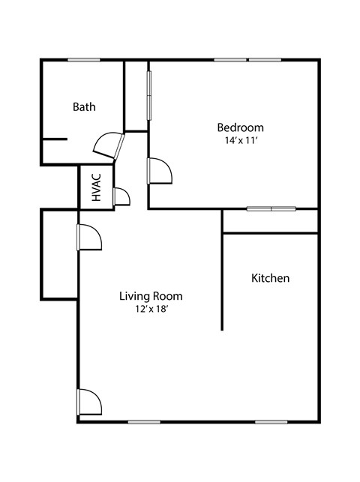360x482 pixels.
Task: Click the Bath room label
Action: click(x=84, y=107)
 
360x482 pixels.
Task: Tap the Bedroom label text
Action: click(x=240, y=127)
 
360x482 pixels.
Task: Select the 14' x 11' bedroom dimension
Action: click(x=240, y=140)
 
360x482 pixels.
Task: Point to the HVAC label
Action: click(x=96, y=188)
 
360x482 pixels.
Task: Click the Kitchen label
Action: click(x=270, y=278)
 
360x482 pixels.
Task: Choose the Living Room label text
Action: click(x=151, y=296)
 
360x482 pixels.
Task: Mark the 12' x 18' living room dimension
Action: click(x=151, y=310)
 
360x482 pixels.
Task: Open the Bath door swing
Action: click(x=107, y=145)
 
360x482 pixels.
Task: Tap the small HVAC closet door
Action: click(x=120, y=197)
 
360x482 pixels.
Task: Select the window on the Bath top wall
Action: click(x=84, y=60)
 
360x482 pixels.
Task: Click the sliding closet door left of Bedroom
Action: click(x=149, y=95)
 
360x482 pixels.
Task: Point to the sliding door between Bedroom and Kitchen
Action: click(x=271, y=208)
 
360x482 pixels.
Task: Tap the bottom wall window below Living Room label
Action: click(x=144, y=421)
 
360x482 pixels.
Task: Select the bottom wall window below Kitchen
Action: click(x=271, y=421)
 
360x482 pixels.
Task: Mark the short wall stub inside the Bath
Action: click(x=55, y=139)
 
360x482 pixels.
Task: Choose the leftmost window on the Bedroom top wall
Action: click(x=230, y=60)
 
